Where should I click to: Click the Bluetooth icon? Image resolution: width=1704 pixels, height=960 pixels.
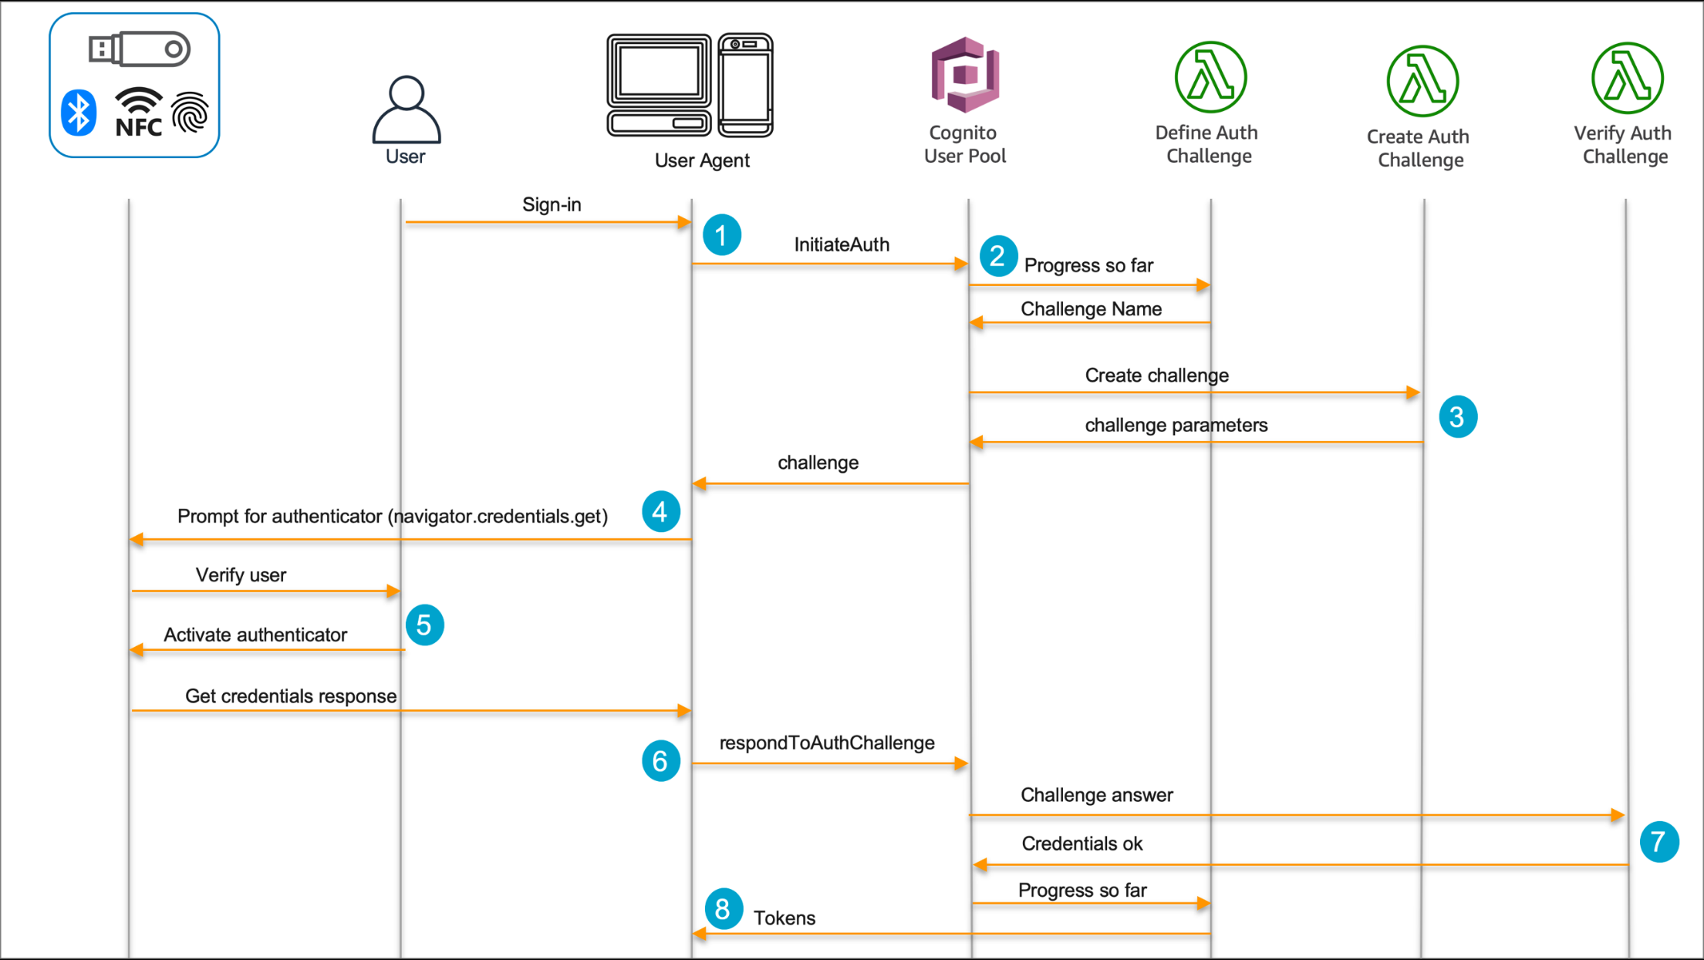click(x=79, y=113)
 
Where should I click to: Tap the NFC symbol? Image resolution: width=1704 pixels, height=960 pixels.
click(x=139, y=113)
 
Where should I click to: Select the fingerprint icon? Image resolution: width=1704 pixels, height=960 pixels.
click(x=190, y=113)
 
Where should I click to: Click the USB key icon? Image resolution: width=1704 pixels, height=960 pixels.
click(x=139, y=49)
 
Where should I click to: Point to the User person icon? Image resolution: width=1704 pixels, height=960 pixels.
click(x=407, y=109)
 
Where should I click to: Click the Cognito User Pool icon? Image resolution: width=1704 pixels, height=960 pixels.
click(x=965, y=75)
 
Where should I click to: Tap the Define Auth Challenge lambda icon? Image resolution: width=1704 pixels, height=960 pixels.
click(x=1210, y=77)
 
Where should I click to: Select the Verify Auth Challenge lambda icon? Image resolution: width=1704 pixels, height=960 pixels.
click(x=1627, y=78)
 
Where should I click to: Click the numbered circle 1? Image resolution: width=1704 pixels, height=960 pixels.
click(x=721, y=235)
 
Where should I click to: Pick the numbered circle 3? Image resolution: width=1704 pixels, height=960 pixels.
click(x=1457, y=417)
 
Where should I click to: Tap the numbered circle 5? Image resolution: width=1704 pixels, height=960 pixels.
click(x=424, y=625)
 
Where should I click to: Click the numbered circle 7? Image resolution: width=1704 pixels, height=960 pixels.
click(x=1658, y=841)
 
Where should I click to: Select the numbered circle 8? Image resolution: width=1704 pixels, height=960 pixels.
click(x=723, y=909)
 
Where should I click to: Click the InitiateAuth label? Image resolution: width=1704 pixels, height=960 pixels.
click(x=842, y=244)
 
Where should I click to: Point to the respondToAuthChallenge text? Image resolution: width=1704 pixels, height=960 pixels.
click(x=826, y=743)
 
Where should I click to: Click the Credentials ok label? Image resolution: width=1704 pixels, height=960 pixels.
click(x=1081, y=844)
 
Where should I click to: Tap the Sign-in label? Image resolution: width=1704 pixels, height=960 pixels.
click(x=552, y=204)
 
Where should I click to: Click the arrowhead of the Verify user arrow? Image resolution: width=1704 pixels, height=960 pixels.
click(x=393, y=591)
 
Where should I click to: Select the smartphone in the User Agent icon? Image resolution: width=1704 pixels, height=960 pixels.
click(x=745, y=85)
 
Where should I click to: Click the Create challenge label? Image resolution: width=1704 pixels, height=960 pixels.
click(x=1156, y=376)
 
